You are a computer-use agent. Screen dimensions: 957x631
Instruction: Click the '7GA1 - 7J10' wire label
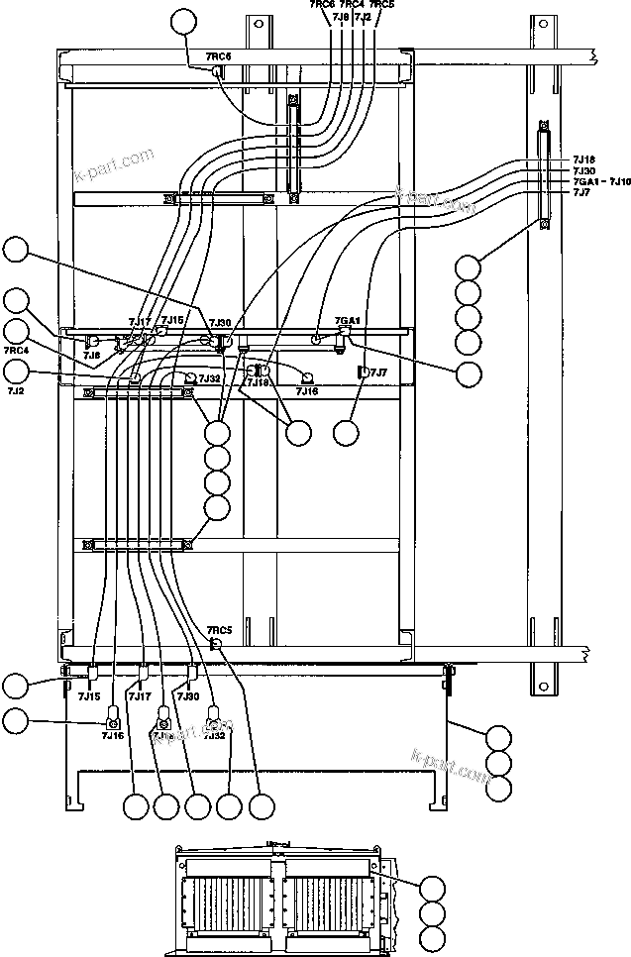(x=600, y=181)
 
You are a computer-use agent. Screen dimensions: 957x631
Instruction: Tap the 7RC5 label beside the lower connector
(x=219, y=630)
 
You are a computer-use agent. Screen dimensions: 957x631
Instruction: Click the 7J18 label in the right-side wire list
(x=583, y=159)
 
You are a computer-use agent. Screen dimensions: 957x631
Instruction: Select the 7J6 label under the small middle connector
(x=91, y=354)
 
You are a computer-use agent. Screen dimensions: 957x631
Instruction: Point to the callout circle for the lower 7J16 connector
(x=17, y=721)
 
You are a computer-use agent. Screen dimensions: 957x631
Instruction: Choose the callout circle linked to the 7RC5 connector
(x=262, y=806)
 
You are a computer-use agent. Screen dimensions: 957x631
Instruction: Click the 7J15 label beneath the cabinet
(x=89, y=696)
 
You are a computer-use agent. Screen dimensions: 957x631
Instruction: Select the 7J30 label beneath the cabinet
(x=188, y=696)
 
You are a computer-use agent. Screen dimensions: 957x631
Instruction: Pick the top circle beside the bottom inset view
(x=432, y=888)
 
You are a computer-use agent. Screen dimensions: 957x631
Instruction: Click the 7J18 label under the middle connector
(x=259, y=382)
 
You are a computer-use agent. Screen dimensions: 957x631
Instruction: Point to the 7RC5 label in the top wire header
(x=381, y=5)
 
